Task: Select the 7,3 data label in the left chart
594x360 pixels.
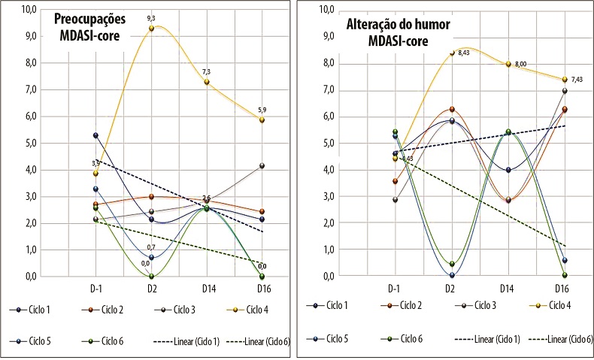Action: pos(206,71)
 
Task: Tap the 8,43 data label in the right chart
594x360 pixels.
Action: pos(469,53)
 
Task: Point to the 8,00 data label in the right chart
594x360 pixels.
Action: pos(521,64)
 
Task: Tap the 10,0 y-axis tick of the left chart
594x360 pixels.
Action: pos(26,9)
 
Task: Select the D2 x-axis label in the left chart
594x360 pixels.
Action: pos(153,289)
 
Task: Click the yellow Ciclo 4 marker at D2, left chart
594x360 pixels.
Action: pos(151,29)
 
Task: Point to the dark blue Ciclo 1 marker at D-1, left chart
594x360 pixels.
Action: pos(96,135)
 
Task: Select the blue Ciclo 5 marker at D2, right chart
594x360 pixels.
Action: pos(451,275)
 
